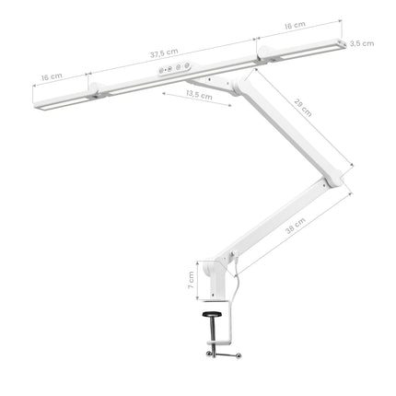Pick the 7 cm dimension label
[191, 279]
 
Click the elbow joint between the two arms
[341, 181]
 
